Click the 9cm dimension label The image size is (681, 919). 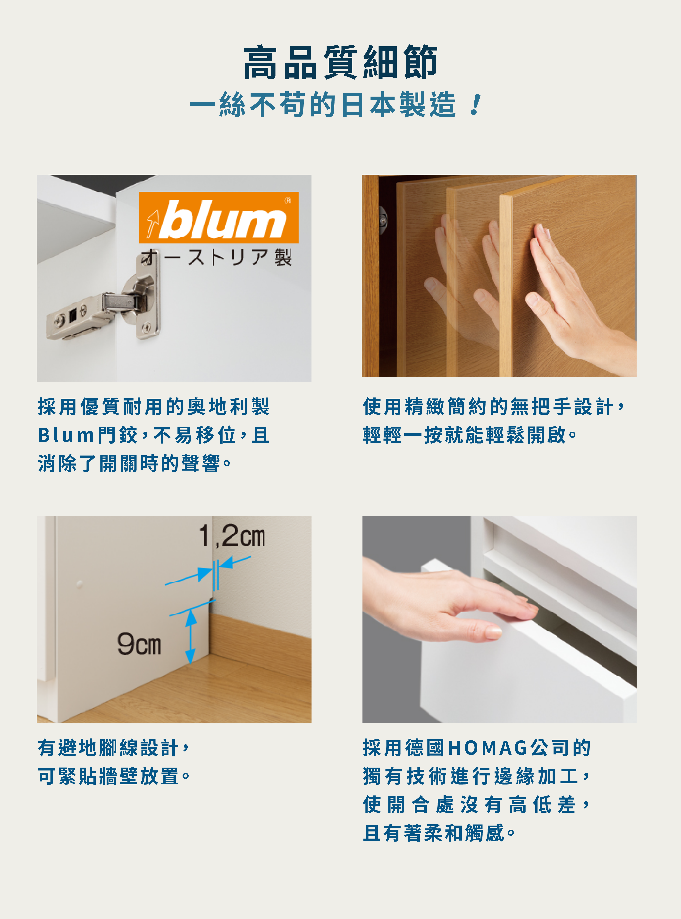click(x=139, y=644)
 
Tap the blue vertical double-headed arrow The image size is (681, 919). click(x=190, y=637)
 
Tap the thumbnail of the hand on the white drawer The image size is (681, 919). click(x=499, y=619)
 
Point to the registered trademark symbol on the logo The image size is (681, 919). click(x=288, y=201)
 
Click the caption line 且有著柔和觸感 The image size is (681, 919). click(x=439, y=833)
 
